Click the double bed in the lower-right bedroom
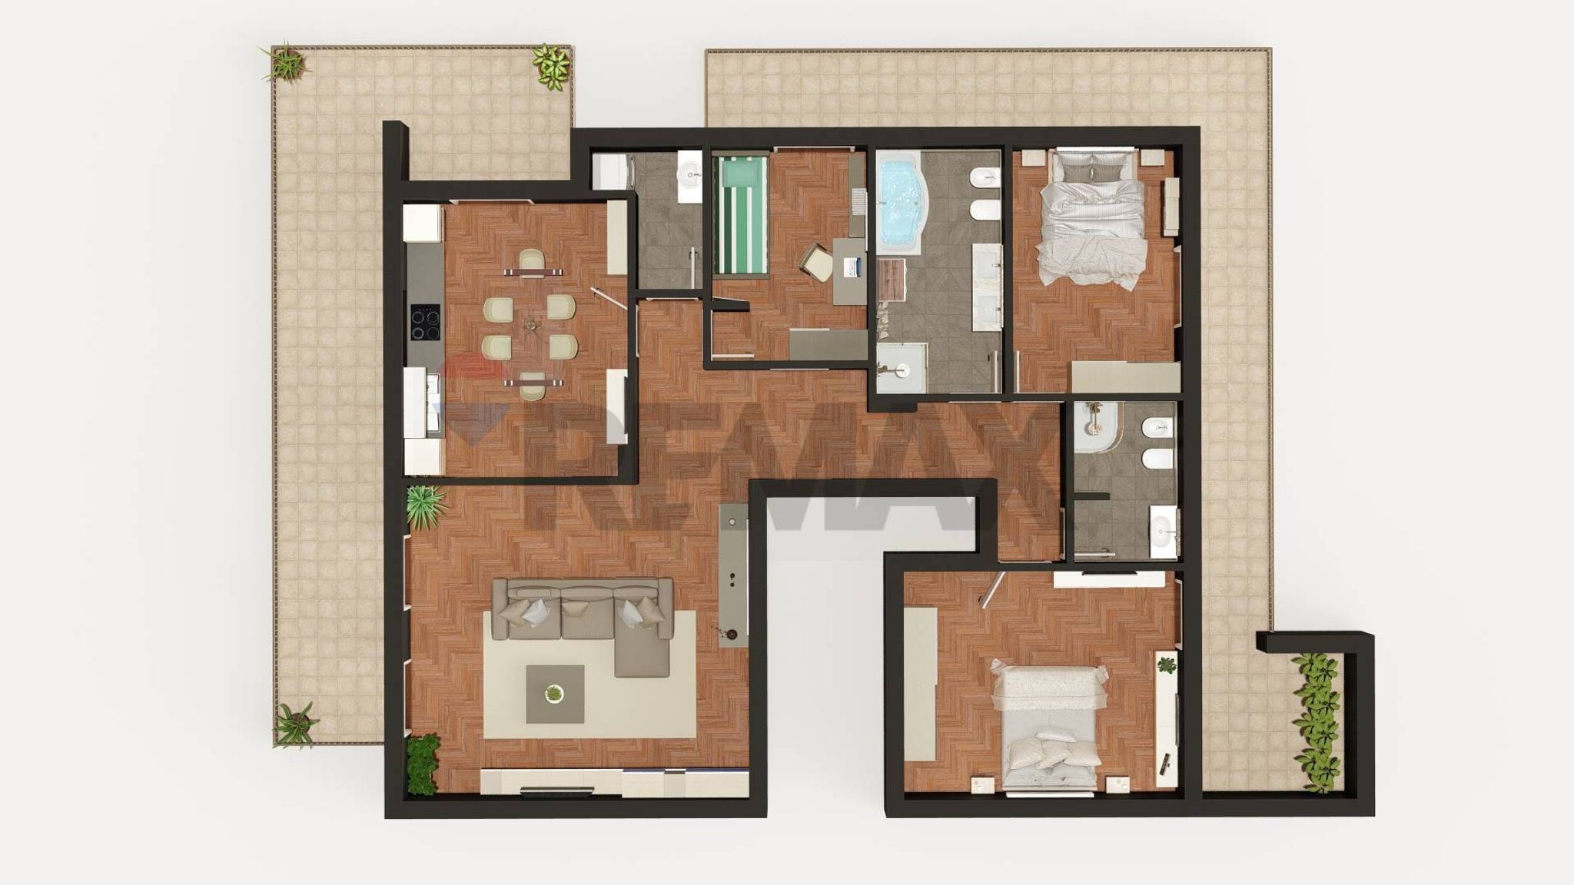point(1048,726)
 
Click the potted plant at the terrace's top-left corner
point(286,61)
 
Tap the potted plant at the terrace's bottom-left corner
point(295,724)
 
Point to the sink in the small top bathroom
point(689,175)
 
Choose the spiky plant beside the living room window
point(424,504)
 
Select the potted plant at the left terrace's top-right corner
point(551,63)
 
